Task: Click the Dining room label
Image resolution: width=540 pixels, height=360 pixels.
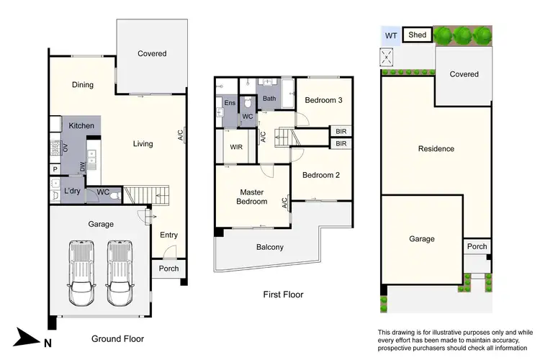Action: [x=83, y=85]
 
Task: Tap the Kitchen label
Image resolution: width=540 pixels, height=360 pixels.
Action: [x=81, y=126]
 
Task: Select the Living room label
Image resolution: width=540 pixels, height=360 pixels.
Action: [x=143, y=144]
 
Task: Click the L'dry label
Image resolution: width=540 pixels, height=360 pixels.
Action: [x=72, y=192]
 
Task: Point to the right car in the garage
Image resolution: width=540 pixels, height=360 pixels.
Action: [x=120, y=270]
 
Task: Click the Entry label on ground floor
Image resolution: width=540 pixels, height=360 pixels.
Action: [x=168, y=235]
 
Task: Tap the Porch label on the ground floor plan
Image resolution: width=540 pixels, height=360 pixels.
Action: [x=168, y=269]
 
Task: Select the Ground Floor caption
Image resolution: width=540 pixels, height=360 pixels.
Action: [x=117, y=338]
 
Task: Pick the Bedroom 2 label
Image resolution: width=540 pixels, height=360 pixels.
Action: [x=320, y=175]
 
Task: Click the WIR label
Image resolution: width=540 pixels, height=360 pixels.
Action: [x=236, y=148]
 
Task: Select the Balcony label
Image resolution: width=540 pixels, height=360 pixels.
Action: [x=270, y=248]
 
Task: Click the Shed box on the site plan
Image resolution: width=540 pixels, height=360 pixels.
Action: [x=416, y=35]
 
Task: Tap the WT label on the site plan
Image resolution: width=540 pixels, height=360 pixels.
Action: [x=391, y=35]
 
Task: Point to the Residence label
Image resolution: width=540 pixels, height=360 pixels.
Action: [x=436, y=149]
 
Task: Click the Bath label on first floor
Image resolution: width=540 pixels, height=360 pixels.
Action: [x=269, y=99]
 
